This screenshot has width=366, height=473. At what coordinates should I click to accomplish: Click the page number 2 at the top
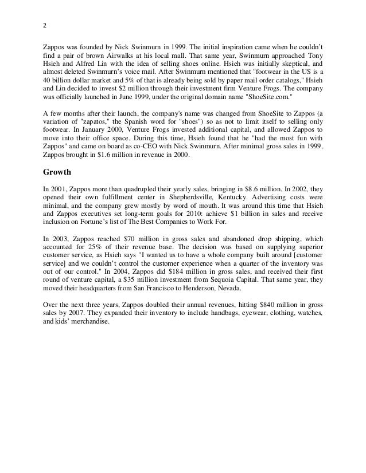pos(45,26)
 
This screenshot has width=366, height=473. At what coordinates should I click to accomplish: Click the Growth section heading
pos(60,171)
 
